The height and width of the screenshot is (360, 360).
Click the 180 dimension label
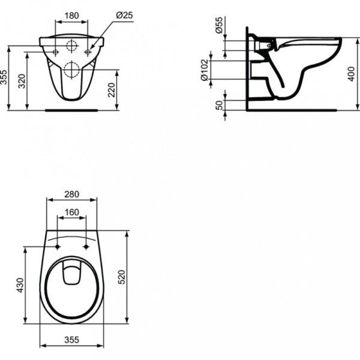[x=71, y=16]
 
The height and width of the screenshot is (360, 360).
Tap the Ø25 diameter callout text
[x=124, y=16]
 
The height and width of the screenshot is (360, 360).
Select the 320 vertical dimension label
[x=22, y=81]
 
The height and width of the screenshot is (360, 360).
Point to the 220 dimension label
[x=112, y=90]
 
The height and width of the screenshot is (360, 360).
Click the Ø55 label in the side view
[x=219, y=25]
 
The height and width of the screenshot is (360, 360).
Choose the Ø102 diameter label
[x=205, y=70]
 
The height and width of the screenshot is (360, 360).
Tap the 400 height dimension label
[x=351, y=74]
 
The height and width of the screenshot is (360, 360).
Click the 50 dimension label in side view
[x=220, y=105]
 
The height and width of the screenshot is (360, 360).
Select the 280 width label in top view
[x=71, y=194]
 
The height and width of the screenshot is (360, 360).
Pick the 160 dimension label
[x=71, y=212]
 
